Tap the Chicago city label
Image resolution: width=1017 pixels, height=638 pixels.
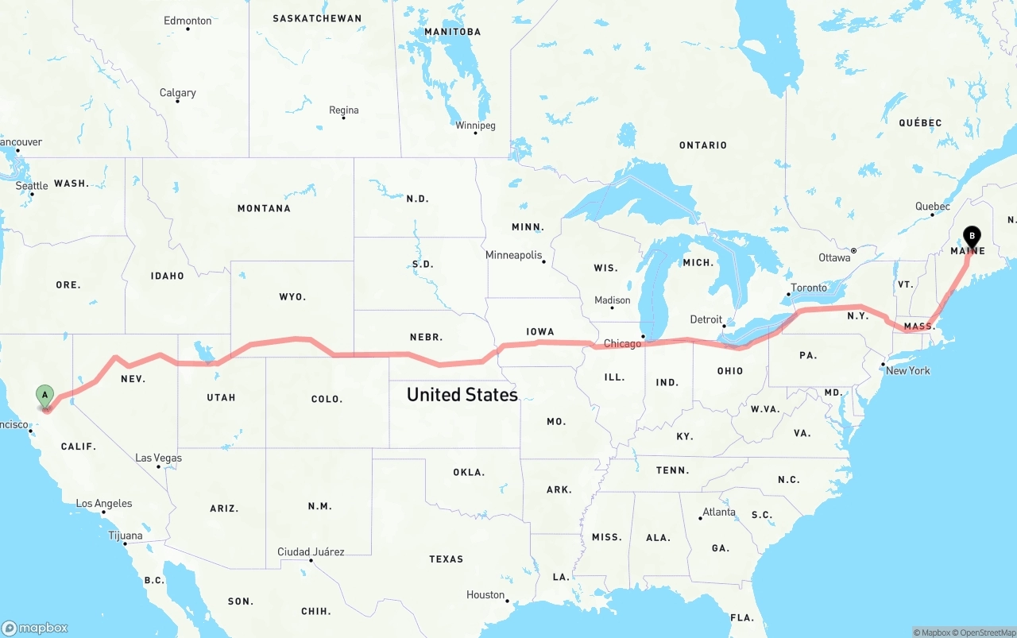pyautogui.click(x=622, y=344)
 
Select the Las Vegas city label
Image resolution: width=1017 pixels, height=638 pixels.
pyautogui.click(x=158, y=458)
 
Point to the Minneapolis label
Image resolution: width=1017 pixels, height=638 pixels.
pyautogui.click(x=514, y=255)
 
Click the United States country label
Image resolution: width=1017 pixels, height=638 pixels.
pyautogui.click(x=462, y=394)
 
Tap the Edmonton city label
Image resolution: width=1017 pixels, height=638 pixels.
pyautogui.click(x=188, y=21)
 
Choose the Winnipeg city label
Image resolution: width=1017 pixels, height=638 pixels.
pyautogui.click(x=475, y=126)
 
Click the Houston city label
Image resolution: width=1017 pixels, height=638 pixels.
pyautogui.click(x=485, y=594)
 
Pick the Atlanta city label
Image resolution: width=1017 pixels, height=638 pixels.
pyautogui.click(x=719, y=512)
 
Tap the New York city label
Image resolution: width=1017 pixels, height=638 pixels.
pyautogui.click(x=907, y=370)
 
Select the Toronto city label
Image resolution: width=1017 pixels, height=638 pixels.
pyautogui.click(x=809, y=288)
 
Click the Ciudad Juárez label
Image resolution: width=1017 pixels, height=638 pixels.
pyautogui.click(x=311, y=551)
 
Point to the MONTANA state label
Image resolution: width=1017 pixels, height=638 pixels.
pyautogui.click(x=264, y=208)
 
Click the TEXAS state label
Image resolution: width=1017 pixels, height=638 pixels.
pyautogui.click(x=446, y=559)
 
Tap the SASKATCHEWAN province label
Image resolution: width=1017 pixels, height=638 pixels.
pyautogui.click(x=316, y=18)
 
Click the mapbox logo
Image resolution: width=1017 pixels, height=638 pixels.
pyautogui.click(x=35, y=628)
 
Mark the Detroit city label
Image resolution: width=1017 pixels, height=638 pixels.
pyautogui.click(x=706, y=319)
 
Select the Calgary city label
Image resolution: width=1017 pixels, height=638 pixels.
pyautogui.click(x=177, y=93)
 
